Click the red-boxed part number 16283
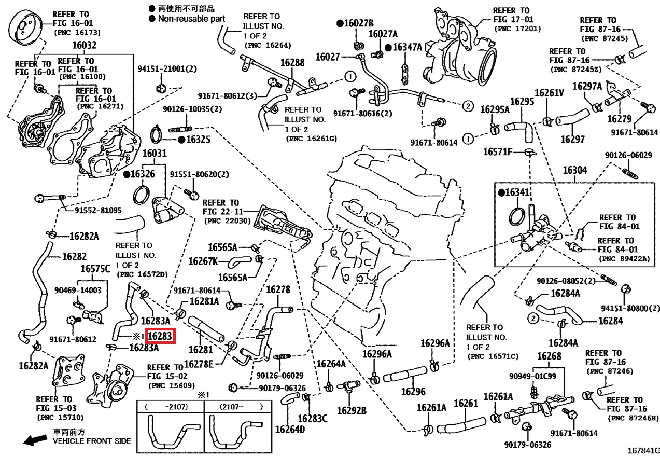click(160, 336)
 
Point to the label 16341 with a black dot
click(514, 192)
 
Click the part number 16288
click(292, 63)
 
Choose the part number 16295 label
click(522, 102)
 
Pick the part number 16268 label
click(549, 356)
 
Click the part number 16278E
click(199, 364)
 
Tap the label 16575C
click(95, 269)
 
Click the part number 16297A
click(587, 86)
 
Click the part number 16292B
click(351, 410)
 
